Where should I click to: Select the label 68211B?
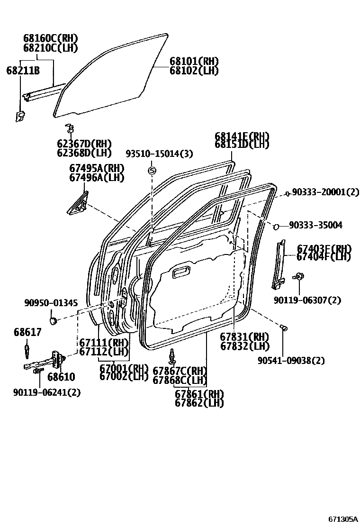tap(22, 71)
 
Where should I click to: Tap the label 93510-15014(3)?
tap(159, 154)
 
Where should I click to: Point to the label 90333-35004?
tap(317, 225)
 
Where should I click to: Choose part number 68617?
tap(27, 332)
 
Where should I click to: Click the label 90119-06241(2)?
tap(47, 392)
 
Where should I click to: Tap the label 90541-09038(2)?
tap(291, 361)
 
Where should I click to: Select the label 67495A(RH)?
tap(96, 168)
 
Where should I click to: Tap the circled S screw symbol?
tap(152, 171)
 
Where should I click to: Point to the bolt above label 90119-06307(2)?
tap(298, 276)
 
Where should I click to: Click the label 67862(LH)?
tap(199, 403)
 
